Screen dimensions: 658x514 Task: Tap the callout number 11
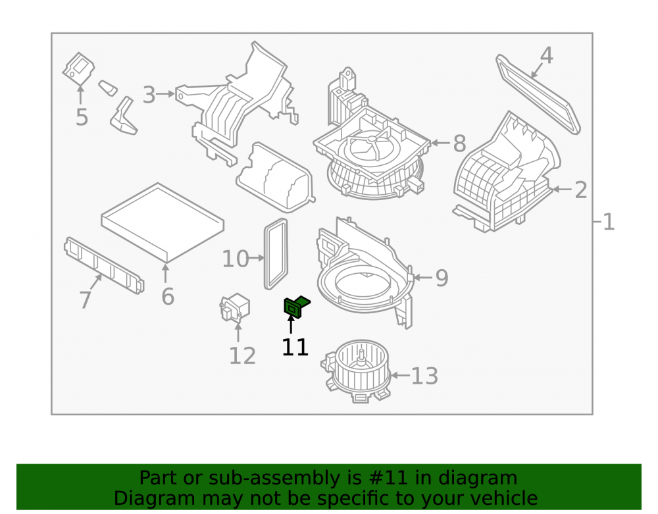(x=295, y=347)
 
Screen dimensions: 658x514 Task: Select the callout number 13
(x=424, y=376)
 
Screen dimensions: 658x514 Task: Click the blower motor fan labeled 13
(x=356, y=371)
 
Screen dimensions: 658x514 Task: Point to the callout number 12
(x=243, y=356)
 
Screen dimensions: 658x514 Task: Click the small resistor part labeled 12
(x=235, y=307)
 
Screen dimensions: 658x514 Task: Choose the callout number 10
(x=235, y=259)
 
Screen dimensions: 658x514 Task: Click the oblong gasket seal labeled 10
(x=276, y=254)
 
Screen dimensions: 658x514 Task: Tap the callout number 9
(x=442, y=278)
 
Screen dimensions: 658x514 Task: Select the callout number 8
(x=459, y=143)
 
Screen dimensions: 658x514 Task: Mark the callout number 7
(x=85, y=300)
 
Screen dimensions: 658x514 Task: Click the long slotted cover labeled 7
(x=104, y=265)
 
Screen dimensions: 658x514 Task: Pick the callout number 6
(x=168, y=297)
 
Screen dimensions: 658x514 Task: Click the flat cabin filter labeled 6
(x=163, y=222)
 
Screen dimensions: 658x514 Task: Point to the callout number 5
(x=82, y=117)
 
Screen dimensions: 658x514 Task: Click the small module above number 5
(x=78, y=68)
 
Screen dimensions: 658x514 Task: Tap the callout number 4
(x=546, y=56)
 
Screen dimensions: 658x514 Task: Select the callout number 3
(x=149, y=95)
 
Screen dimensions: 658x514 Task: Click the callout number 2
(x=581, y=190)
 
